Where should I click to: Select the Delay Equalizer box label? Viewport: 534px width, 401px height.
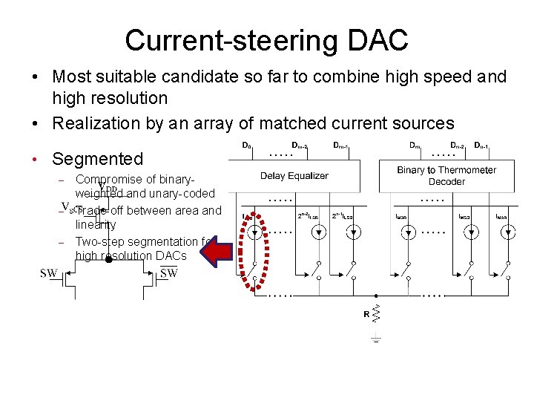point(294,176)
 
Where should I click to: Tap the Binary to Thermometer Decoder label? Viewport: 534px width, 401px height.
point(446,176)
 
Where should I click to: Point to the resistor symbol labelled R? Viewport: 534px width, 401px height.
point(377,314)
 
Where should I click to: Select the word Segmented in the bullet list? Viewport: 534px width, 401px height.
point(97,158)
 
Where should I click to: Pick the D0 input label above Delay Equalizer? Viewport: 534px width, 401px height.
point(247,145)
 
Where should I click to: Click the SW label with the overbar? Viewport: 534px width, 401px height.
point(169,273)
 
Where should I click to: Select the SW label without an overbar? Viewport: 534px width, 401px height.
point(49,273)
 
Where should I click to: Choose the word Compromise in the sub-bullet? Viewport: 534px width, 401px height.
point(109,179)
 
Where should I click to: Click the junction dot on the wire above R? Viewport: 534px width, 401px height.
point(376,293)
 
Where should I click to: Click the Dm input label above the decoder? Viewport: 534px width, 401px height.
point(415,145)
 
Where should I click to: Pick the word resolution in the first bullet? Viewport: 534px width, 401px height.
point(125,98)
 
